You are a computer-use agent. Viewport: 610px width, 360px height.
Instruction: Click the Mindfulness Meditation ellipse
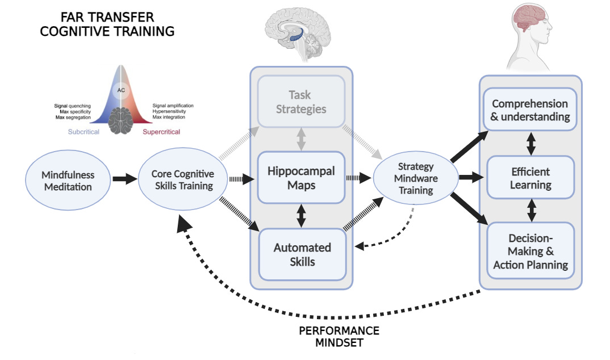pos(68,181)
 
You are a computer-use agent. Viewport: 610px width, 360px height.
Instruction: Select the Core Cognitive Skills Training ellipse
pos(183,179)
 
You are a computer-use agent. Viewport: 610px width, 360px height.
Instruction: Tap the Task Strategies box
pos(301,102)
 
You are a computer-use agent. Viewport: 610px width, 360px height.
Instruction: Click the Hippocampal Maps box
pos(301,178)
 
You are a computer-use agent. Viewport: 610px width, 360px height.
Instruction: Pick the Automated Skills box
pos(302,254)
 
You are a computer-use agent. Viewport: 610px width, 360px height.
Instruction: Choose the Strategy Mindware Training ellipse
pos(416,178)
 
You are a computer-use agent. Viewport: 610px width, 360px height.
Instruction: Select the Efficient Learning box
pos(530,178)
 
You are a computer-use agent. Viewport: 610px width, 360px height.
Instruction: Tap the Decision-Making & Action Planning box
pos(530,251)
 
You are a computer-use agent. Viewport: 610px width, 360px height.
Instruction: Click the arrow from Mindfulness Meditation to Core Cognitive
pos(125,179)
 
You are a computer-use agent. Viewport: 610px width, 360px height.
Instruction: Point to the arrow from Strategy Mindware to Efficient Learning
pos(471,178)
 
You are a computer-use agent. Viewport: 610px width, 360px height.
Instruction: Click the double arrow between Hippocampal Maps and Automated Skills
pos(301,216)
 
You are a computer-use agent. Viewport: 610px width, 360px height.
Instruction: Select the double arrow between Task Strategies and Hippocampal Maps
pos(301,139)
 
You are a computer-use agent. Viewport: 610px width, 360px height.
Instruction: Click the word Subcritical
pos(83,132)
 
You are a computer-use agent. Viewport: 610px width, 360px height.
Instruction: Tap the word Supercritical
pos(161,132)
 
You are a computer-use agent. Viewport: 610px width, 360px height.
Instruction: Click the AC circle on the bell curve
pos(121,90)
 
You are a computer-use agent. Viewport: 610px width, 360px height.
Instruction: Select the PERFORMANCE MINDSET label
pos(339,337)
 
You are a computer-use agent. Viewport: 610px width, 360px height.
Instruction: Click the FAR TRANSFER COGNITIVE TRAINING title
pos(107,24)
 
